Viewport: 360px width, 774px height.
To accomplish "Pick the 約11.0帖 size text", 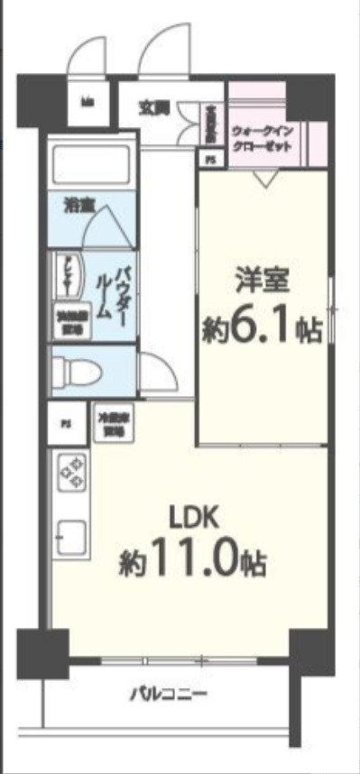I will click(x=192, y=564).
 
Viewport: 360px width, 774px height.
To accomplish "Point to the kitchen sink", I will click(x=71, y=539).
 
